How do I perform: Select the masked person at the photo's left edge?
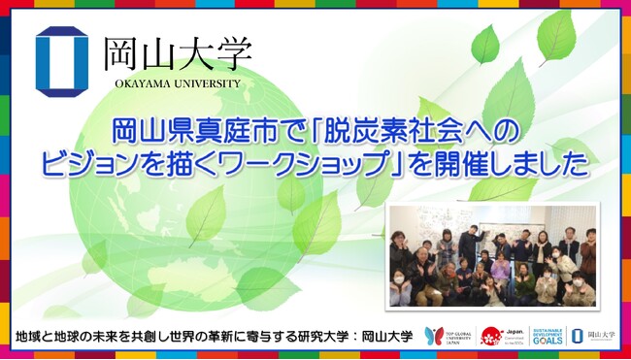pos(399,285)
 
